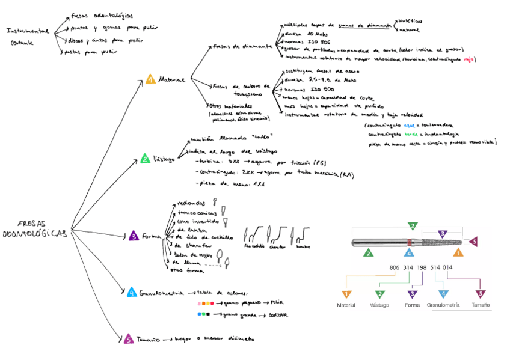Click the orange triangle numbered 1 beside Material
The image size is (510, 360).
150,79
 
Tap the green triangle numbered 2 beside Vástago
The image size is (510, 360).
145,159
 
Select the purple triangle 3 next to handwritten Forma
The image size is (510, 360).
134,236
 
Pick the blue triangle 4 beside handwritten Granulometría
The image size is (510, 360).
132,293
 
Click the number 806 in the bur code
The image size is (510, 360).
395,267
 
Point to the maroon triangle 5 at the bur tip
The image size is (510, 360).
473,242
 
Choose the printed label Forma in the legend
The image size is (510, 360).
412,305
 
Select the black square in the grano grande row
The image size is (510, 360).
207,314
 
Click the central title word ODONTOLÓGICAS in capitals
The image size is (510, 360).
34,233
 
